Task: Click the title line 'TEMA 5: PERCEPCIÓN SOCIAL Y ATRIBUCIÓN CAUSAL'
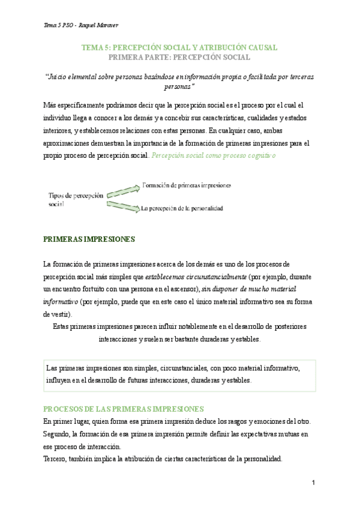tap(179, 47)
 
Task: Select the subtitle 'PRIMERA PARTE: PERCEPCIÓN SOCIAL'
tap(179, 57)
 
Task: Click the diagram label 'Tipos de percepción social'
tap(75, 199)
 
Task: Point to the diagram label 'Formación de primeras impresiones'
tap(187, 185)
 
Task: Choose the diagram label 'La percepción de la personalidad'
tap(182, 209)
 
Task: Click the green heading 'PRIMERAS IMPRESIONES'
tap(89, 239)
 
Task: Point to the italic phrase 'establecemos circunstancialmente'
tap(196, 277)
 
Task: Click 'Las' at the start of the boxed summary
tap(52, 368)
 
